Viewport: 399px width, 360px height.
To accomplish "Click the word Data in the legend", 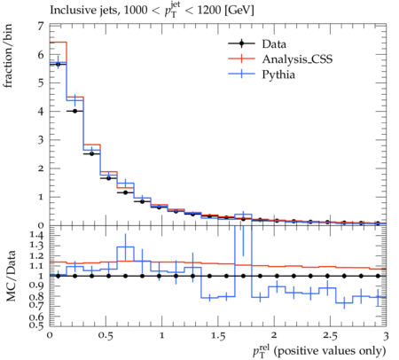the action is [x=274, y=44].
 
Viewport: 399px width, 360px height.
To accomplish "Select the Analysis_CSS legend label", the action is [x=297, y=59].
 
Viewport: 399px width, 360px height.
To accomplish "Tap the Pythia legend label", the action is [x=278, y=74].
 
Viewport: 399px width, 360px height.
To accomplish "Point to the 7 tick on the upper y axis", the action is [x=40, y=27].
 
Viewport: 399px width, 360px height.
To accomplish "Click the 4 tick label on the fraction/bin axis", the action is [x=40, y=112].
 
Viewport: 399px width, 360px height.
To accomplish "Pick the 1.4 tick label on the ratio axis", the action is [x=36, y=236].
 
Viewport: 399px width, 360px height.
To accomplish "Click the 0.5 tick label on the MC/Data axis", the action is [x=36, y=325].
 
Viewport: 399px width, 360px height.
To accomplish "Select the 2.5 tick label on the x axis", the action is [x=330, y=336].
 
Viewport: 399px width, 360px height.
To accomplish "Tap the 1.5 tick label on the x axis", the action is [x=218, y=336].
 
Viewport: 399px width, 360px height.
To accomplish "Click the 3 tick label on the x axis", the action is [x=386, y=336].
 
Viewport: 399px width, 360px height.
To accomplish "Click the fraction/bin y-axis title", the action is [x=8, y=56].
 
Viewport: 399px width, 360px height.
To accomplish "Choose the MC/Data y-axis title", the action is [x=11, y=276].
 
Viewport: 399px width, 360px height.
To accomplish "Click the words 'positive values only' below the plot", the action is [x=330, y=351].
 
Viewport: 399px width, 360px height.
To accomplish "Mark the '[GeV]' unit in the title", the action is [x=239, y=11].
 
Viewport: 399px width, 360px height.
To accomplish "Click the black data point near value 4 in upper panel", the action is [x=74, y=111].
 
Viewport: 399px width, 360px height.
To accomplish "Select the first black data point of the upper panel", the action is [x=58, y=64].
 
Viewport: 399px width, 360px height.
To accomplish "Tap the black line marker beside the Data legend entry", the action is [x=241, y=44].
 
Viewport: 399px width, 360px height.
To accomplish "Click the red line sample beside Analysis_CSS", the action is [x=241, y=59].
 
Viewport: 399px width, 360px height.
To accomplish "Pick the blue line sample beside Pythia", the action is [x=241, y=74].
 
